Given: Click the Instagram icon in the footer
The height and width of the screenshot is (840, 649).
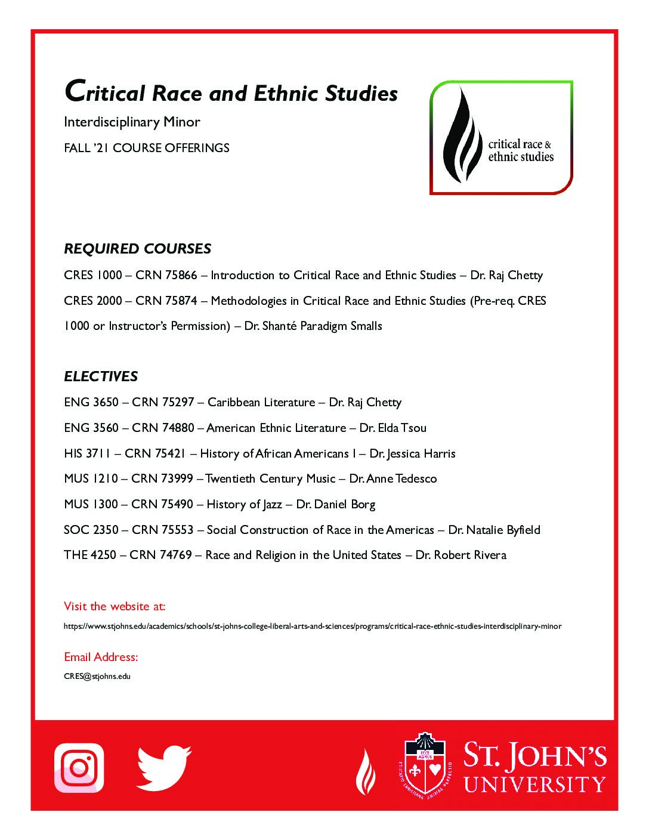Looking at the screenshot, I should coord(79,768).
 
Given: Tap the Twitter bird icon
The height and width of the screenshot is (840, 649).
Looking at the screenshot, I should coord(163,767).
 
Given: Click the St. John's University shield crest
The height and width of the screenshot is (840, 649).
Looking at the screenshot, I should coord(425,765).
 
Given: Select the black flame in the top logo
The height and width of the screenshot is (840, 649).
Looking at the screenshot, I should coord(462,137).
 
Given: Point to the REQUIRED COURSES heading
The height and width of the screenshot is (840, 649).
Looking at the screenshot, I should coord(138,249).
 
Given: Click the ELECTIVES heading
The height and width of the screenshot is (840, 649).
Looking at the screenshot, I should coord(101,376).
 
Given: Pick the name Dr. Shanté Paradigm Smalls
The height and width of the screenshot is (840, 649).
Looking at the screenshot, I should coord(313,326).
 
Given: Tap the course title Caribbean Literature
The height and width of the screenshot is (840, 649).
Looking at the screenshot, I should coord(261,403).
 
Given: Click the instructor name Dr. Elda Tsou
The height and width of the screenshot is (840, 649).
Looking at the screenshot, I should coord(393,428).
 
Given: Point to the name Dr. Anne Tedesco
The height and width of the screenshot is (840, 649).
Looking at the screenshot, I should coord(393,479).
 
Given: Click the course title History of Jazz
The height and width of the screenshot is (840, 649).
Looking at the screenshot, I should coord(244,505).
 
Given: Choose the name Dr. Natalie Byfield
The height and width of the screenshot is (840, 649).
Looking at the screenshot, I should coord(495,530).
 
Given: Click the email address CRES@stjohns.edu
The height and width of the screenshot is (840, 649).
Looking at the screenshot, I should coord(97,677).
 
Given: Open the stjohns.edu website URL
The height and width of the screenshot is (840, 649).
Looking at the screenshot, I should coord(313,626).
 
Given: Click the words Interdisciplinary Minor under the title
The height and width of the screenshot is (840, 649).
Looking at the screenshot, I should coord(132,122).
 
